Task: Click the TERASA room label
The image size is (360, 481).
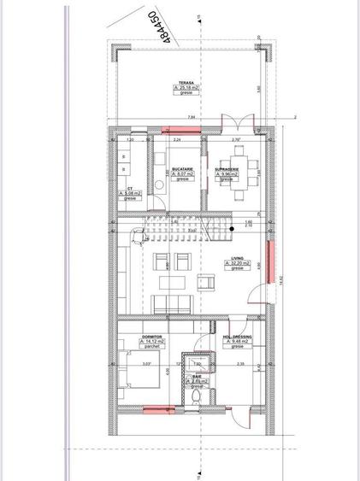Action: tap(184, 82)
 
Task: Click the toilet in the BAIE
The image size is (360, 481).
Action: tap(197, 396)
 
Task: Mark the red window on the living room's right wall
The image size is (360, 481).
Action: tap(271, 264)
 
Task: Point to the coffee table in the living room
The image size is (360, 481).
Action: tap(174, 282)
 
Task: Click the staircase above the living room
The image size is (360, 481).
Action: tap(188, 228)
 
